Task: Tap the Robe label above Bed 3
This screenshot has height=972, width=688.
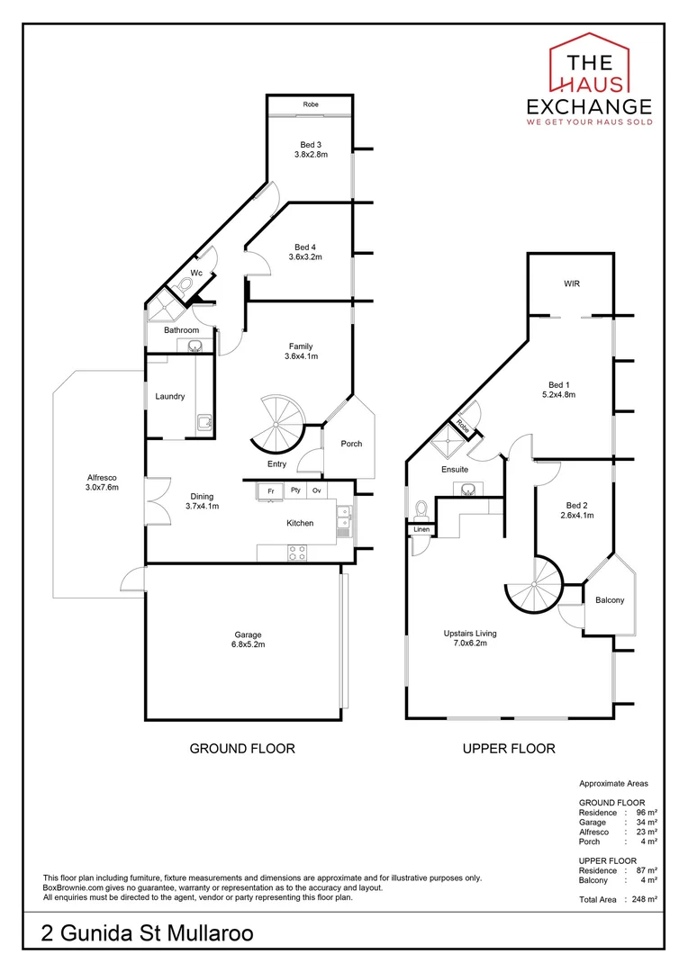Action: click(x=311, y=104)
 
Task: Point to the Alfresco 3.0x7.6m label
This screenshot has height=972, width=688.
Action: click(x=102, y=482)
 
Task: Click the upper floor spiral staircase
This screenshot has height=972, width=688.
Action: click(x=532, y=583)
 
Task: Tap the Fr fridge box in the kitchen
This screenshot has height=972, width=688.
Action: click(x=269, y=490)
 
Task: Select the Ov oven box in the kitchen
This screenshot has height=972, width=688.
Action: click(x=317, y=490)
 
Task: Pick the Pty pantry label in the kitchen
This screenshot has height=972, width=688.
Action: click(x=294, y=490)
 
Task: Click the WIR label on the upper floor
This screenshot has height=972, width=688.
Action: click(x=571, y=283)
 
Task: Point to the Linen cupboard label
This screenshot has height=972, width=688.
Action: click(x=421, y=530)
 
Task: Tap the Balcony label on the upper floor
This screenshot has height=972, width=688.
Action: click(x=610, y=600)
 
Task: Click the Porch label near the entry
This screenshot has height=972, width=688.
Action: click(x=351, y=444)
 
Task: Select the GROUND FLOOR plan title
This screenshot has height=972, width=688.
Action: click(x=242, y=748)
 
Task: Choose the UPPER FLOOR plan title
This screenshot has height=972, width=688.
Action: click(x=509, y=748)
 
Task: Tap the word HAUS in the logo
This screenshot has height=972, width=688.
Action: click(x=589, y=84)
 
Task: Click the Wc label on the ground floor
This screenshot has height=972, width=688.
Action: click(x=195, y=273)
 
